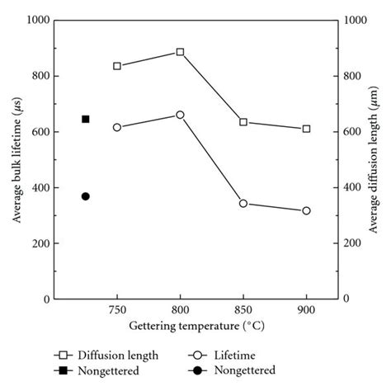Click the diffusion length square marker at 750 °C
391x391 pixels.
tap(117, 66)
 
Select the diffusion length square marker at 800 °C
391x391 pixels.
tap(181, 52)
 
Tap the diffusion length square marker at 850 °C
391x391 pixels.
tap(243, 122)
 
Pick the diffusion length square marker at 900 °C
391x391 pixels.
tap(307, 129)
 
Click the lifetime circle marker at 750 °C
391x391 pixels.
tap(117, 127)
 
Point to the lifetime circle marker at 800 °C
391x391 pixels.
tap(181, 115)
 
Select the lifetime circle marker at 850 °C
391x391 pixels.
tap(243, 203)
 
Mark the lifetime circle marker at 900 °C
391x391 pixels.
tap(307, 211)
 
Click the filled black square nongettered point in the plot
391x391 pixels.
tap(86, 119)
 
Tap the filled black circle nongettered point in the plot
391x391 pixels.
tap(86, 196)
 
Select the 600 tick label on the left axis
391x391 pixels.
tap(40, 132)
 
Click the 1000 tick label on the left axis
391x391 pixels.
tap(37, 20)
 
